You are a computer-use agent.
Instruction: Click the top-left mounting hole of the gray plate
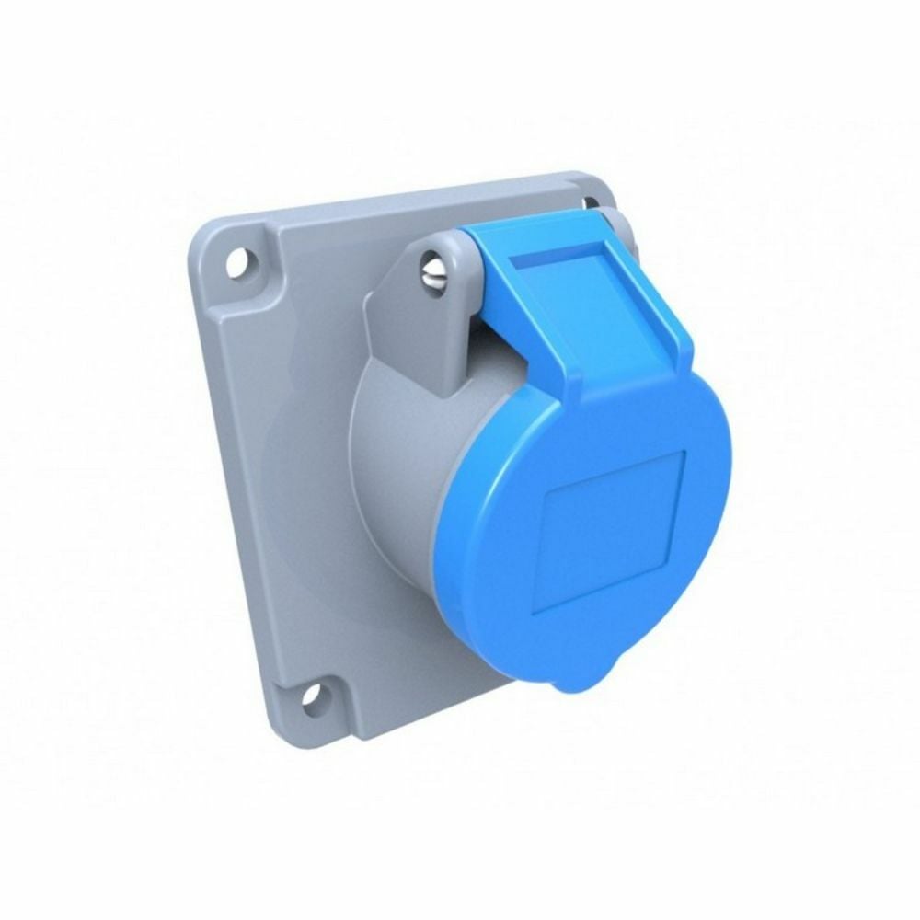pyautogui.click(x=237, y=263)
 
